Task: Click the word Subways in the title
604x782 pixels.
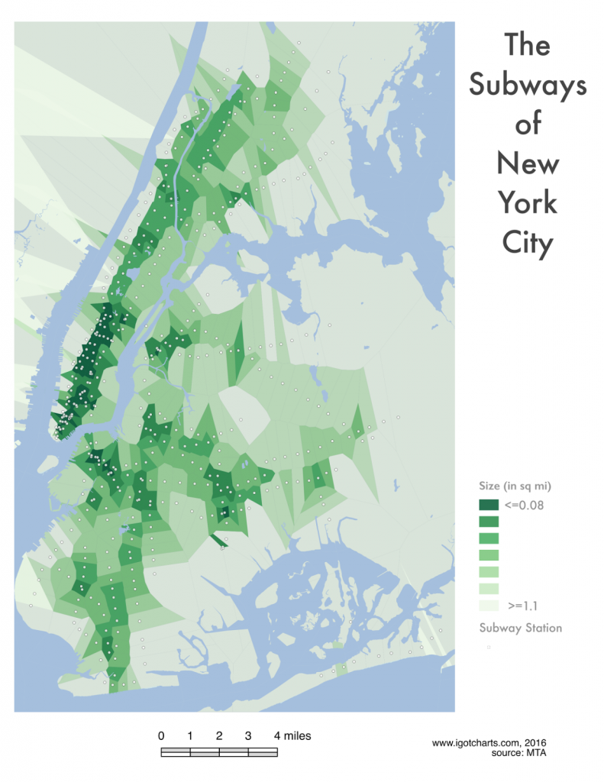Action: pyautogui.click(x=528, y=86)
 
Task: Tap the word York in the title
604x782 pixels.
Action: pyautogui.click(x=528, y=202)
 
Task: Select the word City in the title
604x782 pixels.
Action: pyautogui.click(x=527, y=243)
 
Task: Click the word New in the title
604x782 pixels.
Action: pyautogui.click(x=528, y=163)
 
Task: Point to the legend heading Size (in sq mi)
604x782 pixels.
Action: pyautogui.click(x=515, y=486)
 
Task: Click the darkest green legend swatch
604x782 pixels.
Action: pyautogui.click(x=489, y=505)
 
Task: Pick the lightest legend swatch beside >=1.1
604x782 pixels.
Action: pyautogui.click(x=489, y=605)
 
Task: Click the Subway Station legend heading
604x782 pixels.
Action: pyautogui.click(x=521, y=628)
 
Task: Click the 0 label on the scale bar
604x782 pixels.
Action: pyautogui.click(x=161, y=736)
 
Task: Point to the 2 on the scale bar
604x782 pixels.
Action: pyautogui.click(x=219, y=736)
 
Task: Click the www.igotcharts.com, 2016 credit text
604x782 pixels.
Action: pyautogui.click(x=489, y=742)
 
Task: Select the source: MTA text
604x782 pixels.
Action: pyautogui.click(x=520, y=753)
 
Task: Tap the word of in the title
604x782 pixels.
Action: pyautogui.click(x=528, y=124)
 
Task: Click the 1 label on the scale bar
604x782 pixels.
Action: pyautogui.click(x=190, y=736)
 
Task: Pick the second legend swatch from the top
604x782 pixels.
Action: pyautogui.click(x=489, y=522)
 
